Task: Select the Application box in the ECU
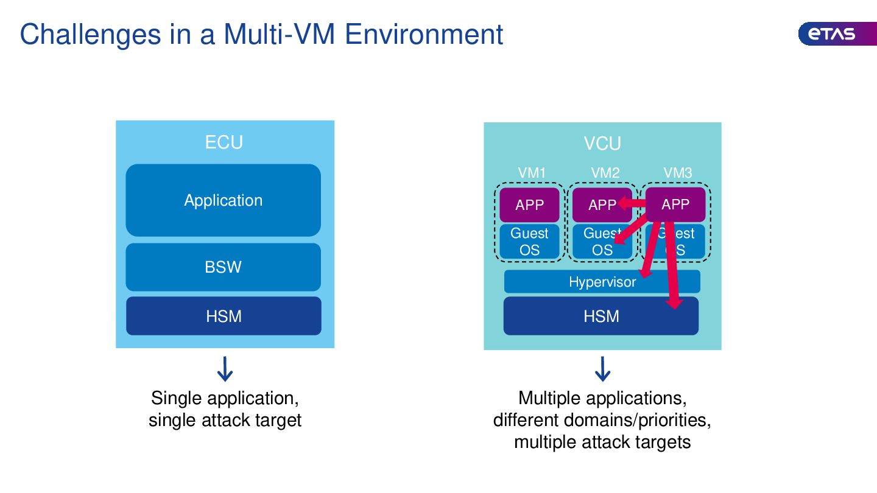tap(224, 200)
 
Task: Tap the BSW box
tap(224, 267)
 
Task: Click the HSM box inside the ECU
tap(224, 316)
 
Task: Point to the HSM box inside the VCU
tap(601, 316)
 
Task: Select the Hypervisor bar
tap(602, 282)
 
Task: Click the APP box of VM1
tap(529, 205)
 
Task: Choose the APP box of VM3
tap(675, 204)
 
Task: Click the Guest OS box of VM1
tap(529, 242)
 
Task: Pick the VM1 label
tap(532, 173)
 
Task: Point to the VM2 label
tap(605, 173)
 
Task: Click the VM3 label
tap(678, 173)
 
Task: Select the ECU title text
tap(224, 142)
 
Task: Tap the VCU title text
tap(602, 144)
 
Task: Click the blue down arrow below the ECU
tap(225, 369)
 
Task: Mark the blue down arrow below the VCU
tap(602, 369)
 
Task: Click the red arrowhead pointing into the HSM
tap(673, 303)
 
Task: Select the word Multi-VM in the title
tap(278, 34)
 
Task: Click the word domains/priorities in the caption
tap(637, 420)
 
